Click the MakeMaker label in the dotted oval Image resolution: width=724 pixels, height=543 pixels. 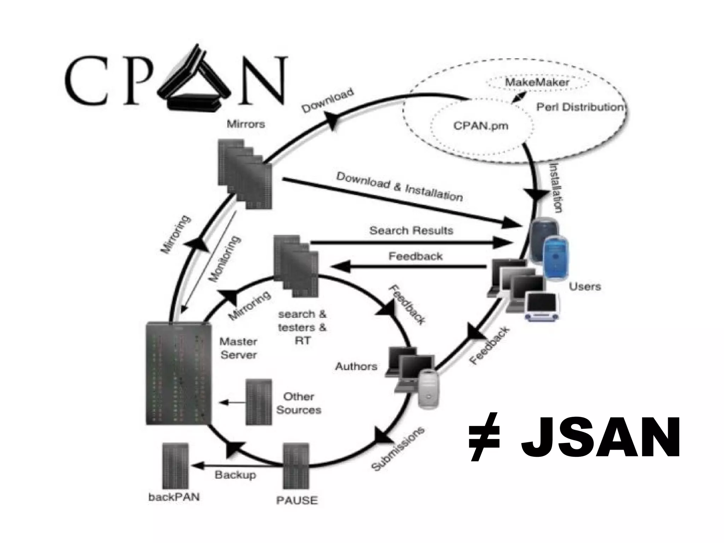click(x=537, y=83)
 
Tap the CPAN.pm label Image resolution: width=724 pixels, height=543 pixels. click(x=480, y=125)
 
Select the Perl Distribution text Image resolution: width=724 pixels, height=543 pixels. click(x=580, y=107)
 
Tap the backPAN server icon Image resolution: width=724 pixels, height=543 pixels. click(x=175, y=466)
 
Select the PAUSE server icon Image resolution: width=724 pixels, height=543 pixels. click(x=296, y=466)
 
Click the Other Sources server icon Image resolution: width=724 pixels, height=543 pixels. click(x=259, y=402)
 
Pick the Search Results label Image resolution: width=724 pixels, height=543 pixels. click(x=411, y=231)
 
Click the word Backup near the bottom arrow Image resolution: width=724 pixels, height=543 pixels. click(x=235, y=474)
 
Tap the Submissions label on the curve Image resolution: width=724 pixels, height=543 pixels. click(x=398, y=449)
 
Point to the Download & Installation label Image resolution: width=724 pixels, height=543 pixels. click(x=399, y=187)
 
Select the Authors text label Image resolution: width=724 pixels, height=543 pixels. click(x=356, y=366)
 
